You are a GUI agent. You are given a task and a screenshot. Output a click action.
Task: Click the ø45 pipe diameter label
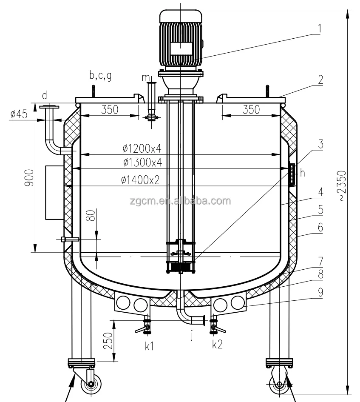point(18,114)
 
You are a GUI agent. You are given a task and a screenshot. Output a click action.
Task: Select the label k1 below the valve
point(149,345)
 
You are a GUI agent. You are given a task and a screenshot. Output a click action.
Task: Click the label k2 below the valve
point(217,345)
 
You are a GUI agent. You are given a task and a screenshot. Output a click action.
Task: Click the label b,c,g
point(100,76)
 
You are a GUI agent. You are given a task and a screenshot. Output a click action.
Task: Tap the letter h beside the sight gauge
point(303,172)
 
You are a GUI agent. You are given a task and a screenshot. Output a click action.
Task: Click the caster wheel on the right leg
point(279,385)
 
